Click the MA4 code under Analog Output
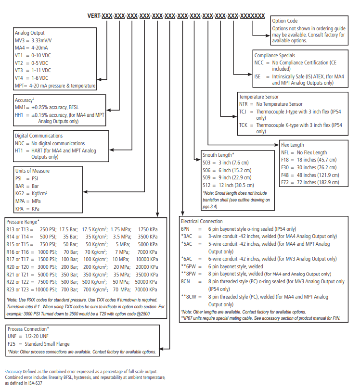point(20,48)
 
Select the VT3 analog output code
point(19,71)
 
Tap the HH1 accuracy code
point(19,115)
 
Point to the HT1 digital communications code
point(19,151)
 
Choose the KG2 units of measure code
point(20,193)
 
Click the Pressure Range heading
point(22,222)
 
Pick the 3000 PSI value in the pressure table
point(47,267)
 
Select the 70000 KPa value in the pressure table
point(146,289)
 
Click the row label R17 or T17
point(18,260)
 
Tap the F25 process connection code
point(12,344)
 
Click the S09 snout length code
point(206,177)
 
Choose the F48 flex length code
point(285,175)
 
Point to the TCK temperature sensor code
point(244,125)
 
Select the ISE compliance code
point(257,76)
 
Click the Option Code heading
point(285,21)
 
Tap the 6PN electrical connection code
point(185,229)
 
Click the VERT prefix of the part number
point(94,16)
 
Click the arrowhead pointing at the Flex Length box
point(277,145)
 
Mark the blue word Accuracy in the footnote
point(14,372)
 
